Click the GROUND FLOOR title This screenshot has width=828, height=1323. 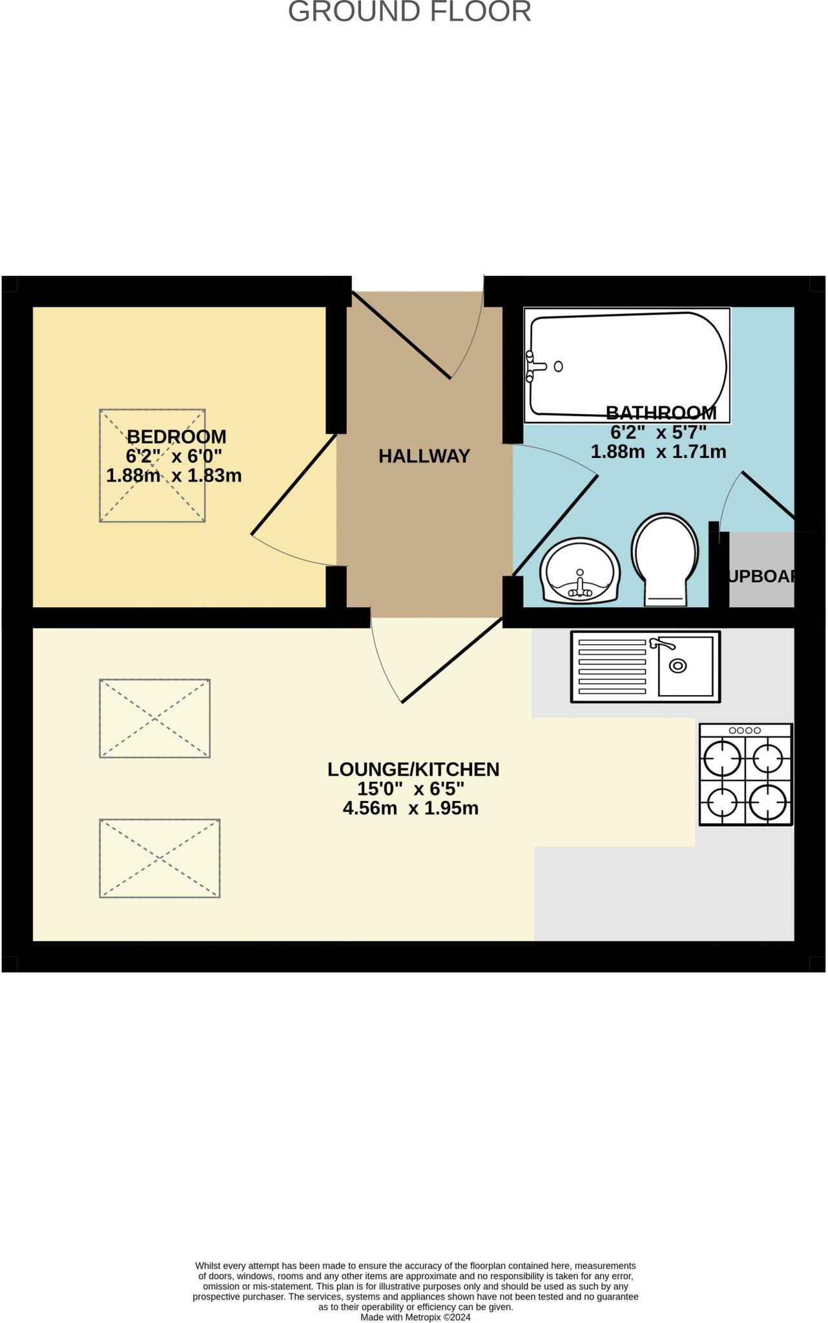pos(409,12)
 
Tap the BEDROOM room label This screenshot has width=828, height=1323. pos(176,437)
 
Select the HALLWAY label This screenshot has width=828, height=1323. pos(424,457)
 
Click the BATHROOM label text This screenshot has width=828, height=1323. pos(661,413)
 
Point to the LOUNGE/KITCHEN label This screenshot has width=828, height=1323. pos(413,769)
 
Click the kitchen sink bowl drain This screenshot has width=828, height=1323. pos(678,665)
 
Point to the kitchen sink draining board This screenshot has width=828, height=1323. pos(612,667)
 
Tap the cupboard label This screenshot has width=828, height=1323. pos(761,576)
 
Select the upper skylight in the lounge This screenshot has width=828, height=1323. pos(154,718)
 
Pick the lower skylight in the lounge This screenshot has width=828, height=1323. pos(160,859)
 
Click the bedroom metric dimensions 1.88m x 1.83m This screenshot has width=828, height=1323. pos(174,476)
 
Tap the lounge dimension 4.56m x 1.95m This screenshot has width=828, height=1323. pos(411,808)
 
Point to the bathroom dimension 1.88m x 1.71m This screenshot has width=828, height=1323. pos(658,452)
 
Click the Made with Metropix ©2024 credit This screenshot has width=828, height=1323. pos(415,1317)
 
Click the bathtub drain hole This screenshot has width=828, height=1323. pos(558,366)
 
